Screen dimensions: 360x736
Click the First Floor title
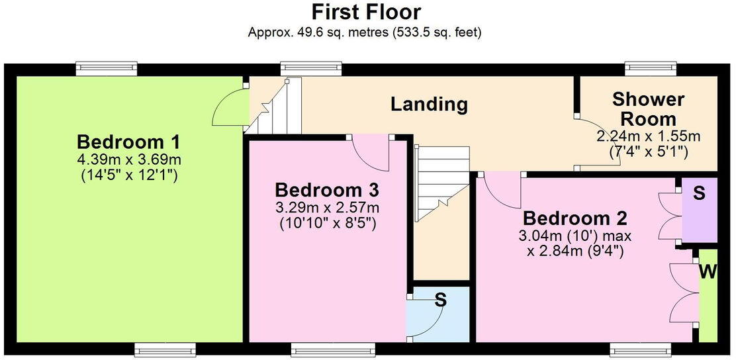tap(366, 12)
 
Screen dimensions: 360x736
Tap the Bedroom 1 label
tap(128, 142)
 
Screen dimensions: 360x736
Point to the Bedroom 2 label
tap(575, 218)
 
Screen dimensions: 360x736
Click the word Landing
tap(429, 104)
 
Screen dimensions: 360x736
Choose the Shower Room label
tap(648, 109)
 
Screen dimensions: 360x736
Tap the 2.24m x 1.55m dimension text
tap(648, 136)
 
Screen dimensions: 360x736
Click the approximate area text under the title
tap(364, 32)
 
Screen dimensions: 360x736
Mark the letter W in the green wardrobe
tap(707, 272)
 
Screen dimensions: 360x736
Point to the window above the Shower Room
tap(651, 67)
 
